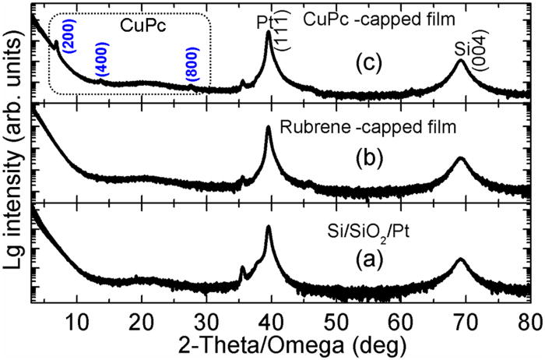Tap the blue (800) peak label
coord(192,66)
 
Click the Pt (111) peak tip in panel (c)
coord(269,33)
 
